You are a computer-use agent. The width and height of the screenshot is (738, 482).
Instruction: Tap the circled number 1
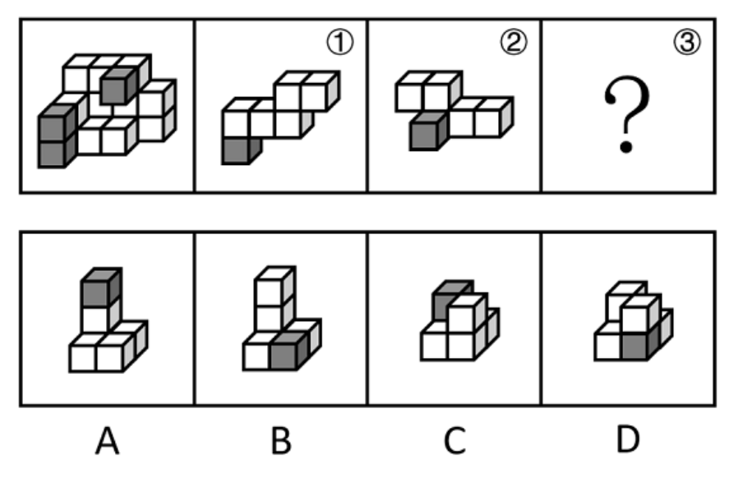coord(339,43)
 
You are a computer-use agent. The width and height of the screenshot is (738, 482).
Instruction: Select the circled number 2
coord(514,43)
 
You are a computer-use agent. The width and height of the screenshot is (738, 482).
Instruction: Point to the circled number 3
coord(687,43)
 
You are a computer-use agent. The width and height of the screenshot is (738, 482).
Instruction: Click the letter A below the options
coord(108,441)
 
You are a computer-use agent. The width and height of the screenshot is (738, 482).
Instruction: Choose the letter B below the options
coord(281,441)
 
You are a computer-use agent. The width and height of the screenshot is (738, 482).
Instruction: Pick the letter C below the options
coord(454,441)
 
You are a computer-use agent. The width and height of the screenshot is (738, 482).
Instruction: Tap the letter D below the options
coord(628,440)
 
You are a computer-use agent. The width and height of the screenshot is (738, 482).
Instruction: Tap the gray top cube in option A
coord(101,287)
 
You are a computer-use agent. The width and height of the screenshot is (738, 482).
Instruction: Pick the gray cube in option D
coord(639,346)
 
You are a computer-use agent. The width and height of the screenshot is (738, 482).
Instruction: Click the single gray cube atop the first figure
coord(118,85)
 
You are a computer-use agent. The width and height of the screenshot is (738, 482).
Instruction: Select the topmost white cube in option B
coord(274,286)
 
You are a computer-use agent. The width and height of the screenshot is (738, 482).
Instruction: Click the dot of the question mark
coord(626,147)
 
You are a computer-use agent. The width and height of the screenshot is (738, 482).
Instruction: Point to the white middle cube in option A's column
coord(100,318)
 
